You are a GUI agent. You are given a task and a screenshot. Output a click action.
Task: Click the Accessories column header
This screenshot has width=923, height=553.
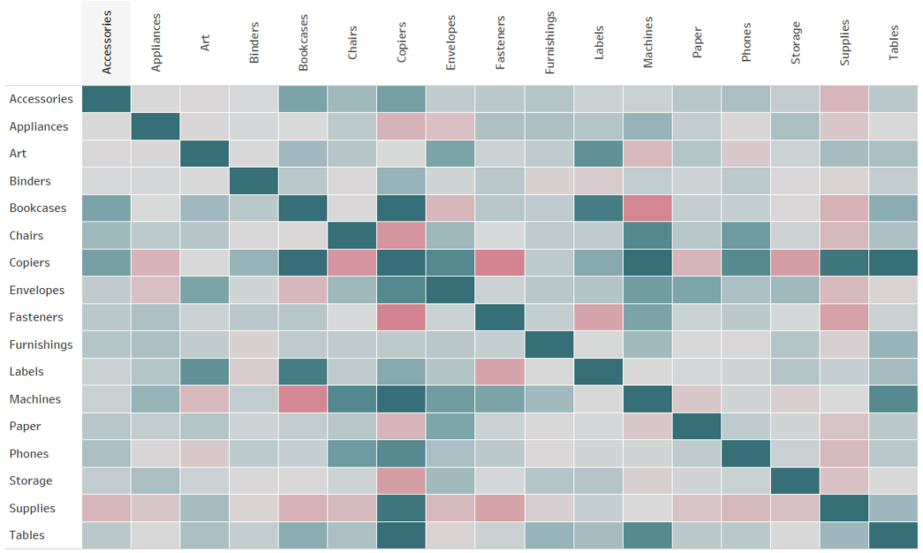click(107, 44)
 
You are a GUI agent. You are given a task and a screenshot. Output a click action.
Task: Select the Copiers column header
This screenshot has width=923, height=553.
click(402, 44)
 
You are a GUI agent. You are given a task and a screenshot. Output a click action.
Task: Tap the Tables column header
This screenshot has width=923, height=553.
click(894, 44)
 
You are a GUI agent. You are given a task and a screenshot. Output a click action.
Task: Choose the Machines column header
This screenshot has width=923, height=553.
click(648, 44)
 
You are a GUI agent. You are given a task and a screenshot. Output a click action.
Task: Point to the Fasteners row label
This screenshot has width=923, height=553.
click(36, 317)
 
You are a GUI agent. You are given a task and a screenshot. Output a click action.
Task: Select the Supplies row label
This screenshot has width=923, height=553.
click(32, 509)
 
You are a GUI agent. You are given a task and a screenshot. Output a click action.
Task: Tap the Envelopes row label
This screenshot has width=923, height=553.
click(38, 291)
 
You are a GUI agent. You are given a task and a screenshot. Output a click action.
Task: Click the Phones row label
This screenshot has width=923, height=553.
click(29, 454)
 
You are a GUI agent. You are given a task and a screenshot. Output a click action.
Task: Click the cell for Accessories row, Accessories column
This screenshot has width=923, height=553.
click(107, 99)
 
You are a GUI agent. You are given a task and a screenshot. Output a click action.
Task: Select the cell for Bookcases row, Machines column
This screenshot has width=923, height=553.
click(648, 209)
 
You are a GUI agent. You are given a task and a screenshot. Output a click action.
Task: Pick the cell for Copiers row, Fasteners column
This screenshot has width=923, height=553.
click(500, 262)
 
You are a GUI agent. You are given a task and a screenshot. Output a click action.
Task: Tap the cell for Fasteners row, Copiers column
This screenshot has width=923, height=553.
click(402, 317)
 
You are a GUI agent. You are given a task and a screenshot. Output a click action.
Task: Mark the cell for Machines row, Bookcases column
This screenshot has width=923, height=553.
click(303, 399)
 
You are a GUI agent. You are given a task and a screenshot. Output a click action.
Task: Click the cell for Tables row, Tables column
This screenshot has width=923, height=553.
click(894, 535)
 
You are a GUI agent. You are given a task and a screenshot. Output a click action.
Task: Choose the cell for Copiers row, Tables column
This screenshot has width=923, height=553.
click(894, 262)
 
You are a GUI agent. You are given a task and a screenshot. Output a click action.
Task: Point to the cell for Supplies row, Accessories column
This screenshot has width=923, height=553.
click(107, 509)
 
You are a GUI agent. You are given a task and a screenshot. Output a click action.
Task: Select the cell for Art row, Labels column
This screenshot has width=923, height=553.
click(598, 154)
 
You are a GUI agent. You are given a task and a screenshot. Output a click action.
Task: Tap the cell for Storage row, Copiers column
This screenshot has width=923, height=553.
click(402, 481)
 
